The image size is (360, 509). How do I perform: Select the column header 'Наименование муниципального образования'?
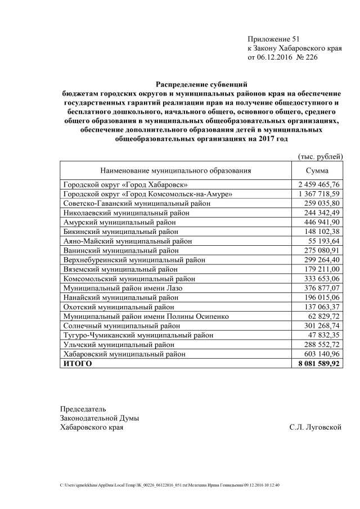tap(175, 170)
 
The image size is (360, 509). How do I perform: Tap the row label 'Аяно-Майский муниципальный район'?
tap(128, 241)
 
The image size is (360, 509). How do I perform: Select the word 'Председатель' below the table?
tap(83, 409)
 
